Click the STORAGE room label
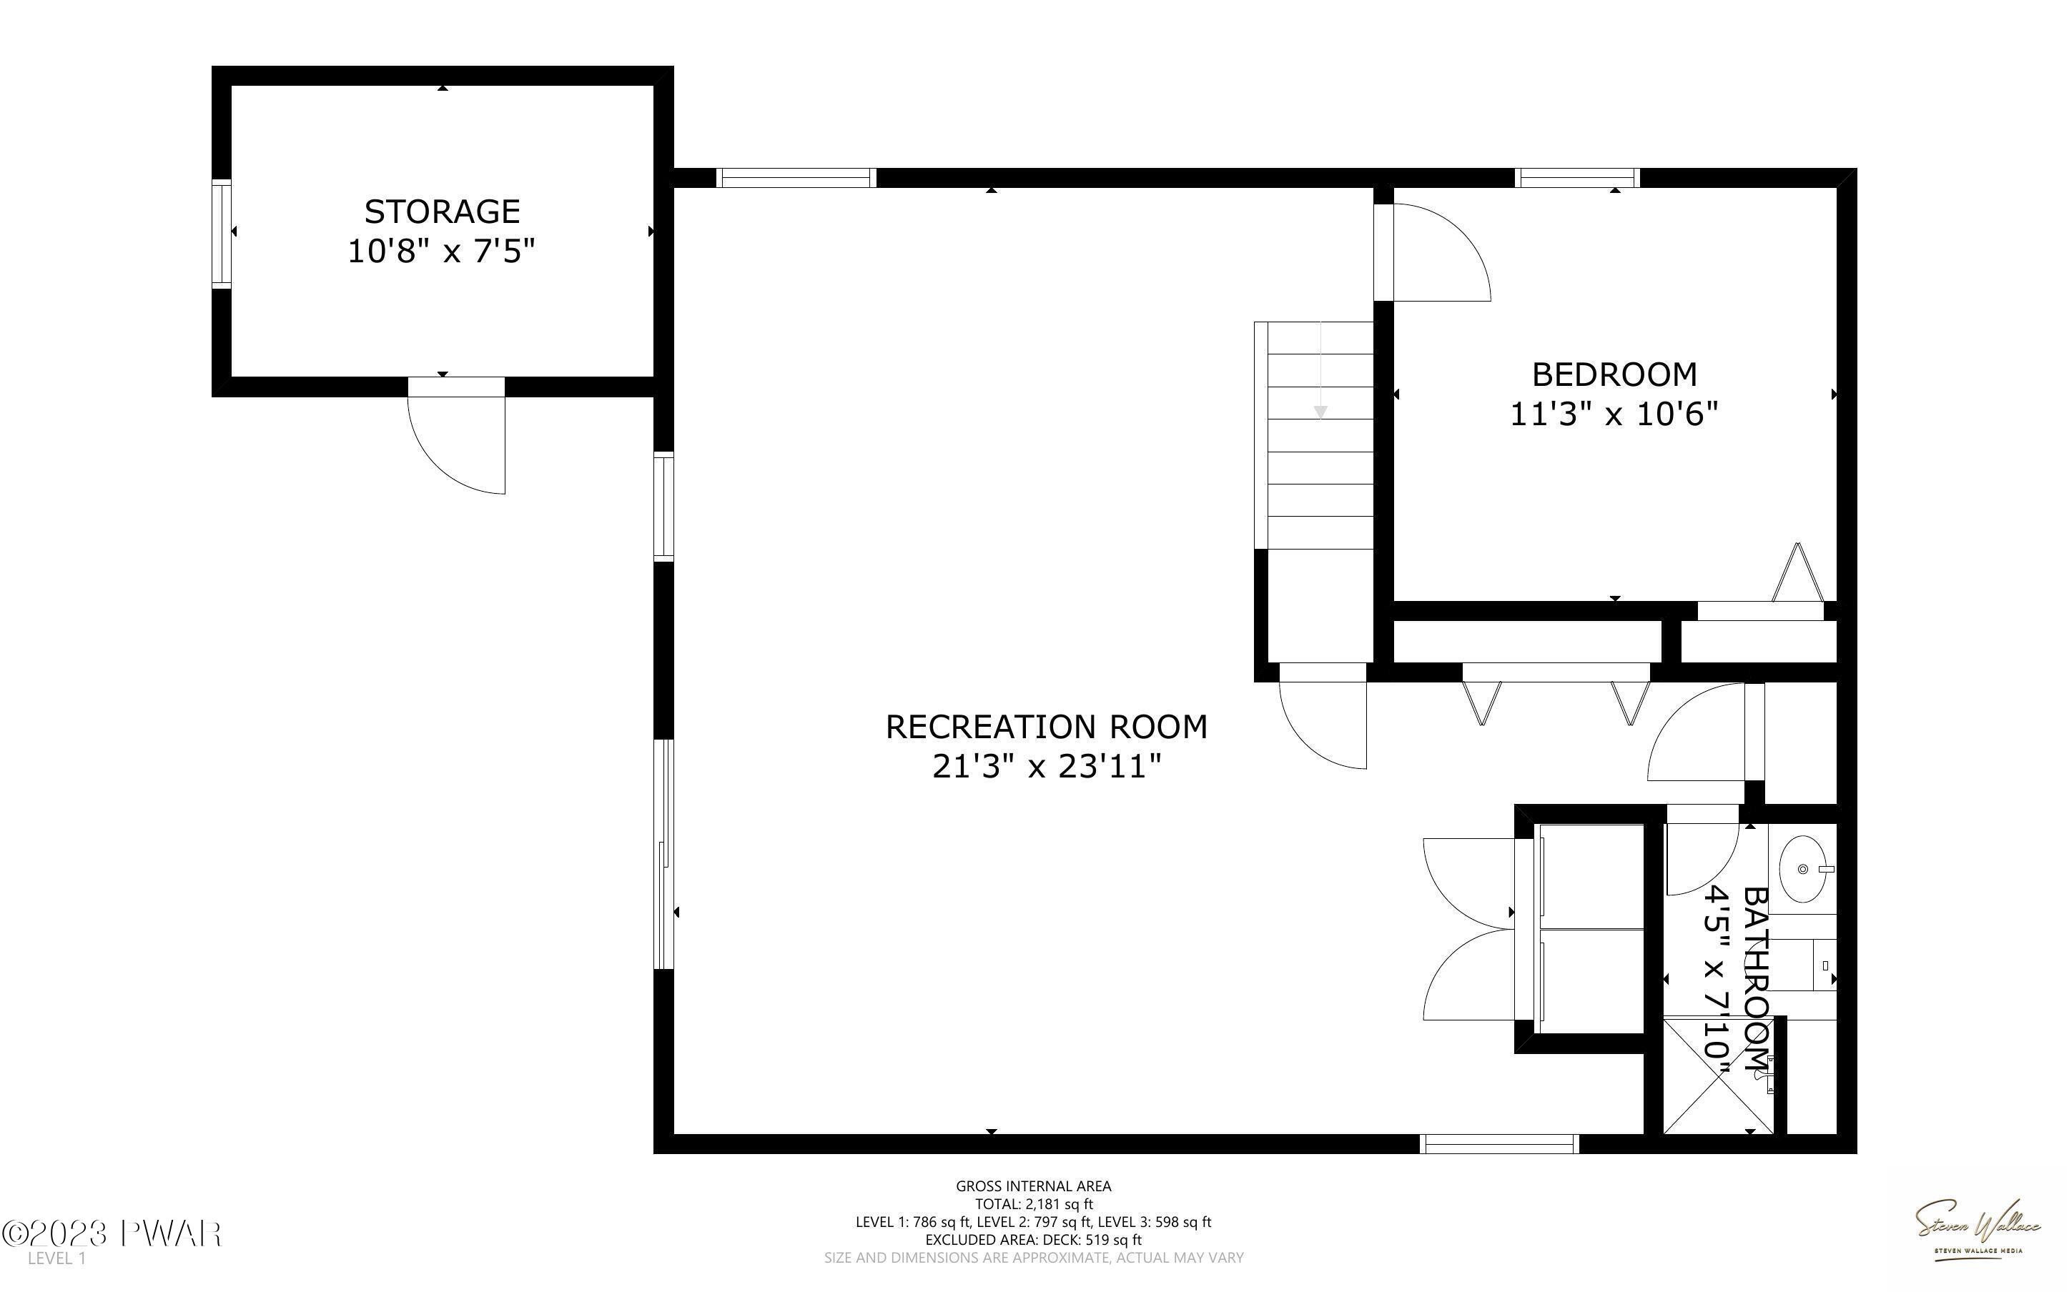[x=442, y=211]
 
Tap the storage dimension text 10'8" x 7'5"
[x=442, y=252]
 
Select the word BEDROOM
[x=1614, y=374]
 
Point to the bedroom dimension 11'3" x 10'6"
[x=1614, y=414]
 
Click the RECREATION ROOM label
[x=1047, y=726]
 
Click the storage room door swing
[x=456, y=445]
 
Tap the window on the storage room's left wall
[x=222, y=232]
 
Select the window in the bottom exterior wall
[x=1499, y=1143]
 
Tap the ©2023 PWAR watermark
[x=112, y=1234]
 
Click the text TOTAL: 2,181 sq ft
[x=1034, y=1204]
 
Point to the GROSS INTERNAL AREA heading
[x=1034, y=1186]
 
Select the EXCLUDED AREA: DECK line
[x=1034, y=1240]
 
